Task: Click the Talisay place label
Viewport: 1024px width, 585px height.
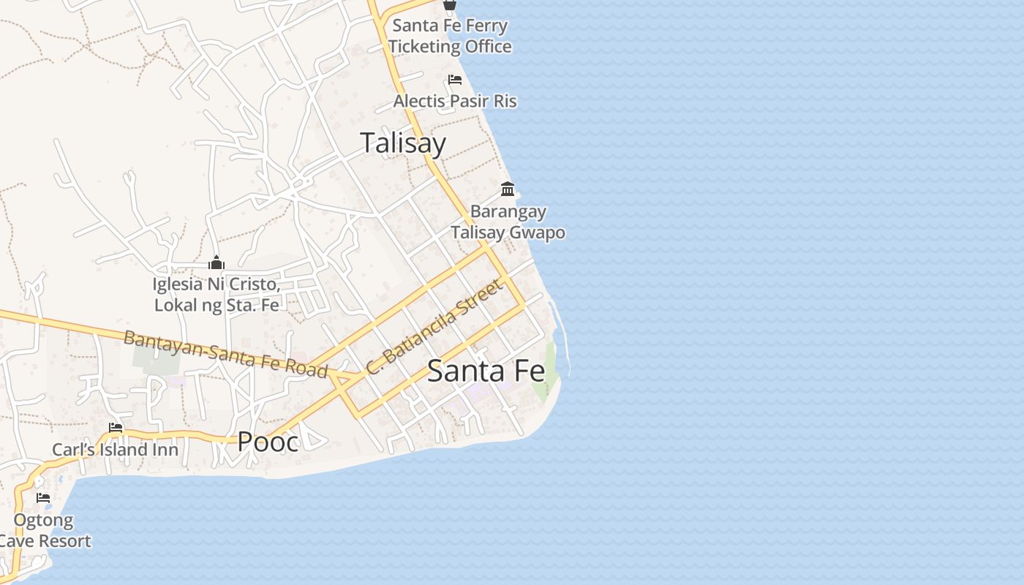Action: point(403,143)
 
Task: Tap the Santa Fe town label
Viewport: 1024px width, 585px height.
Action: point(486,371)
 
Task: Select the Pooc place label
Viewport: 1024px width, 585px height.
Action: point(268,442)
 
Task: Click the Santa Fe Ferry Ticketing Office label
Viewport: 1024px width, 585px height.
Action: point(450,36)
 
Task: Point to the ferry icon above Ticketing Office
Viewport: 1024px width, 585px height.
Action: point(450,5)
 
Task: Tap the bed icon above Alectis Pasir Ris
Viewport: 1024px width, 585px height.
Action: point(455,80)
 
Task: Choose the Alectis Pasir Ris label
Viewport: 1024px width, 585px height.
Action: point(455,101)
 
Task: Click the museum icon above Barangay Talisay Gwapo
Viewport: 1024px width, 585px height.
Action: point(508,189)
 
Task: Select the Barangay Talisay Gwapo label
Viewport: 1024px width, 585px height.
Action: point(508,222)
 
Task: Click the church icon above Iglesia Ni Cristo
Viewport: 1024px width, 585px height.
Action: point(217,263)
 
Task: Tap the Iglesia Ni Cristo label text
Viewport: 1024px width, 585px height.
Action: point(217,294)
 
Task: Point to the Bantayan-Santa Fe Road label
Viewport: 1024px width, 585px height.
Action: point(225,354)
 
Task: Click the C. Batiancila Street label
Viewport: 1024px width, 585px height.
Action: point(436,327)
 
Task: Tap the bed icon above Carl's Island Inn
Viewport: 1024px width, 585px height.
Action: point(116,428)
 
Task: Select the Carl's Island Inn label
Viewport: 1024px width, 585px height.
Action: point(115,449)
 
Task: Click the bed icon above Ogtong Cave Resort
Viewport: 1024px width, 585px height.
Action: point(43,498)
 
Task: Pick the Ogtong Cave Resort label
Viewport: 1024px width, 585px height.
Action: point(45,531)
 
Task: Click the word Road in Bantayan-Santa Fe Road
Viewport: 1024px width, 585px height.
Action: point(307,369)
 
